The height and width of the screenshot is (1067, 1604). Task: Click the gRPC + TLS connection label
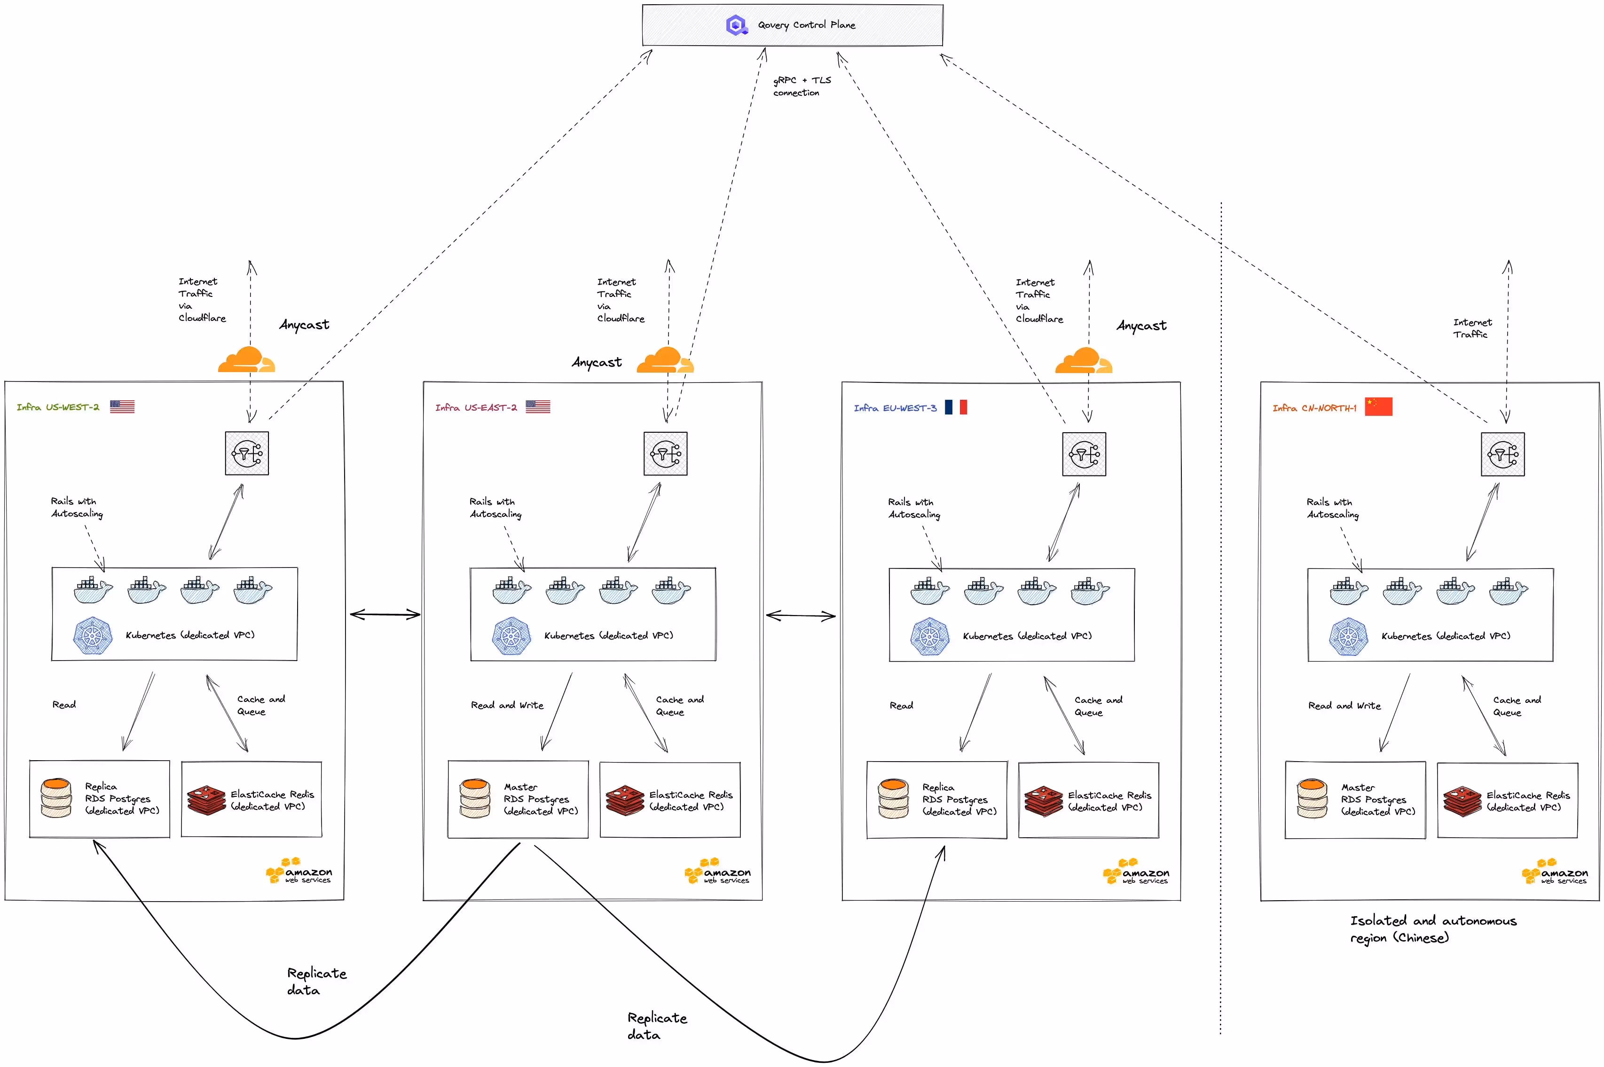pos(802,86)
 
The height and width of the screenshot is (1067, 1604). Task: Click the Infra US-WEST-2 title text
pos(58,407)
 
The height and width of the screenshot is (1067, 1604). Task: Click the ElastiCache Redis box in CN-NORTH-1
pos(1507,800)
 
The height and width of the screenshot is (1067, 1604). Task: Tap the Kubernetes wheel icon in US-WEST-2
pos(93,636)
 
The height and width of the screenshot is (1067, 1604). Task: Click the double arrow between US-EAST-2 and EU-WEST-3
pos(801,616)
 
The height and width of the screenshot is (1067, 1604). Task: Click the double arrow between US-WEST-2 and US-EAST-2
pos(385,615)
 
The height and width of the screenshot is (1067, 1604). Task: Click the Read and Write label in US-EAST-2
pos(507,705)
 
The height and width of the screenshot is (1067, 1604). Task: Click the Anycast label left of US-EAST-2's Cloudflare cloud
pos(597,362)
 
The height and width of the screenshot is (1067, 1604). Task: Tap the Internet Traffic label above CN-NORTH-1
pos(1471,328)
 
